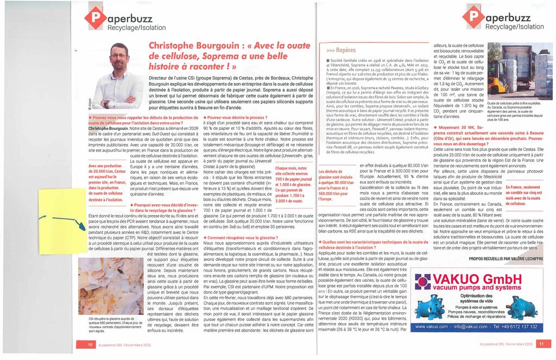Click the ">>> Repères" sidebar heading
341,49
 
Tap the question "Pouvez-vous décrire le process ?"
237,117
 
